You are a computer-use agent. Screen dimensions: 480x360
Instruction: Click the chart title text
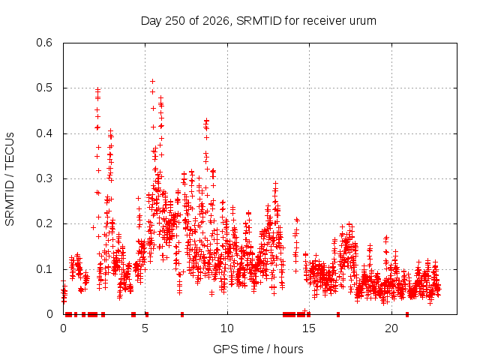pos(258,21)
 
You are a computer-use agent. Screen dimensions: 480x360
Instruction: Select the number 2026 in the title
pos(216,21)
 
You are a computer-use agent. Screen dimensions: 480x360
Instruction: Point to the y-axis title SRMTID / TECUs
pos(10,179)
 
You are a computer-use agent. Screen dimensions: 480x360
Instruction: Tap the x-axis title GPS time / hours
pos(258,349)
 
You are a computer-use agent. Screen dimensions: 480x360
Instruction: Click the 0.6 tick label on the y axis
pos(44,43)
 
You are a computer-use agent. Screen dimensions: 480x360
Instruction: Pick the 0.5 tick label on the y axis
pos(44,88)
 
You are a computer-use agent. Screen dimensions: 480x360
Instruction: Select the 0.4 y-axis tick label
pos(44,133)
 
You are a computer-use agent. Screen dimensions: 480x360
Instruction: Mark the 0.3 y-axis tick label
pos(44,178)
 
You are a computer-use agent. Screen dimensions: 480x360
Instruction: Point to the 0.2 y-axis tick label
pos(44,223)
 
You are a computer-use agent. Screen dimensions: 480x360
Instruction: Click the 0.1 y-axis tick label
pos(44,269)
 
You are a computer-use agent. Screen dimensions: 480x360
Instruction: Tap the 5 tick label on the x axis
pos(145,328)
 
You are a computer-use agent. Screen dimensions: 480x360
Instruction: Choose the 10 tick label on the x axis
pos(227,328)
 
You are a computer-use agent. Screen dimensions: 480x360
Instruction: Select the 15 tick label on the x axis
pos(309,328)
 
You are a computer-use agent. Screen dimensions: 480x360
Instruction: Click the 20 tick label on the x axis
pos(391,328)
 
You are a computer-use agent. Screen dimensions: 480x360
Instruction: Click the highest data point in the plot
pos(152,81)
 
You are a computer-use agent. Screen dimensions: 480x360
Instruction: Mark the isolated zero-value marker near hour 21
pos(407,314)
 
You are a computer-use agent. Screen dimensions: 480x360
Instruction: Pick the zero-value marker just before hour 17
pos(338,314)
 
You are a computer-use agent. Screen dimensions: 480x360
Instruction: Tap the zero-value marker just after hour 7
pos(182,314)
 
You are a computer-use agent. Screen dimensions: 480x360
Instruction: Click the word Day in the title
pos(151,22)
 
